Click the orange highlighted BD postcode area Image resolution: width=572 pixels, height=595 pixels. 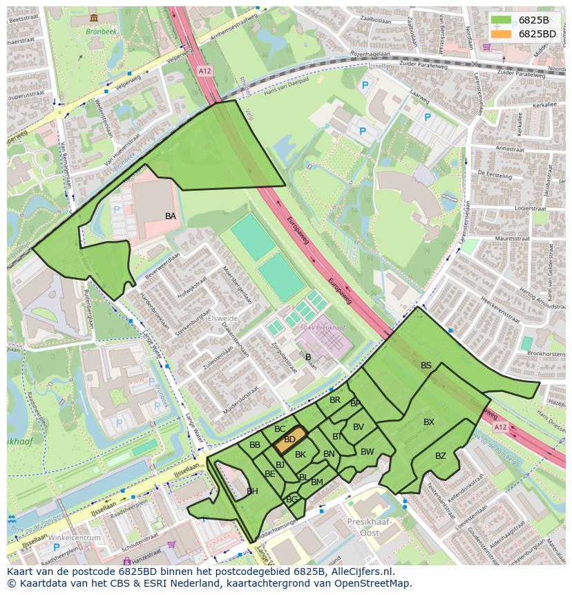[290, 439]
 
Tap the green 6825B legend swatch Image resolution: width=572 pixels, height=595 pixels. [502, 20]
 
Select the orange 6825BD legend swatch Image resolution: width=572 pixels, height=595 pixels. [502, 34]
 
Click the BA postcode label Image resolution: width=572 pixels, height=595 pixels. [171, 216]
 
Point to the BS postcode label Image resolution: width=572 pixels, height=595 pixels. [426, 366]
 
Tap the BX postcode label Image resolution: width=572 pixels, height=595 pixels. [429, 422]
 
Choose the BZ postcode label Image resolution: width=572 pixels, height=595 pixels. [441, 456]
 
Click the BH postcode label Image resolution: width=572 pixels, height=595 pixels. [252, 491]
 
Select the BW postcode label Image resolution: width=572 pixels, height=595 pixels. [368, 452]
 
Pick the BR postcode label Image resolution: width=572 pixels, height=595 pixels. [335, 400]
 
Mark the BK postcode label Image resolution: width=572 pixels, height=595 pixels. [301, 455]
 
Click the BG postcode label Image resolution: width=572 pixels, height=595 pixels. [292, 500]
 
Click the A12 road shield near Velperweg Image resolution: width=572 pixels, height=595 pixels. [204, 70]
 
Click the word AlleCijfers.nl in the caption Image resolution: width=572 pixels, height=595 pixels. [359, 572]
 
